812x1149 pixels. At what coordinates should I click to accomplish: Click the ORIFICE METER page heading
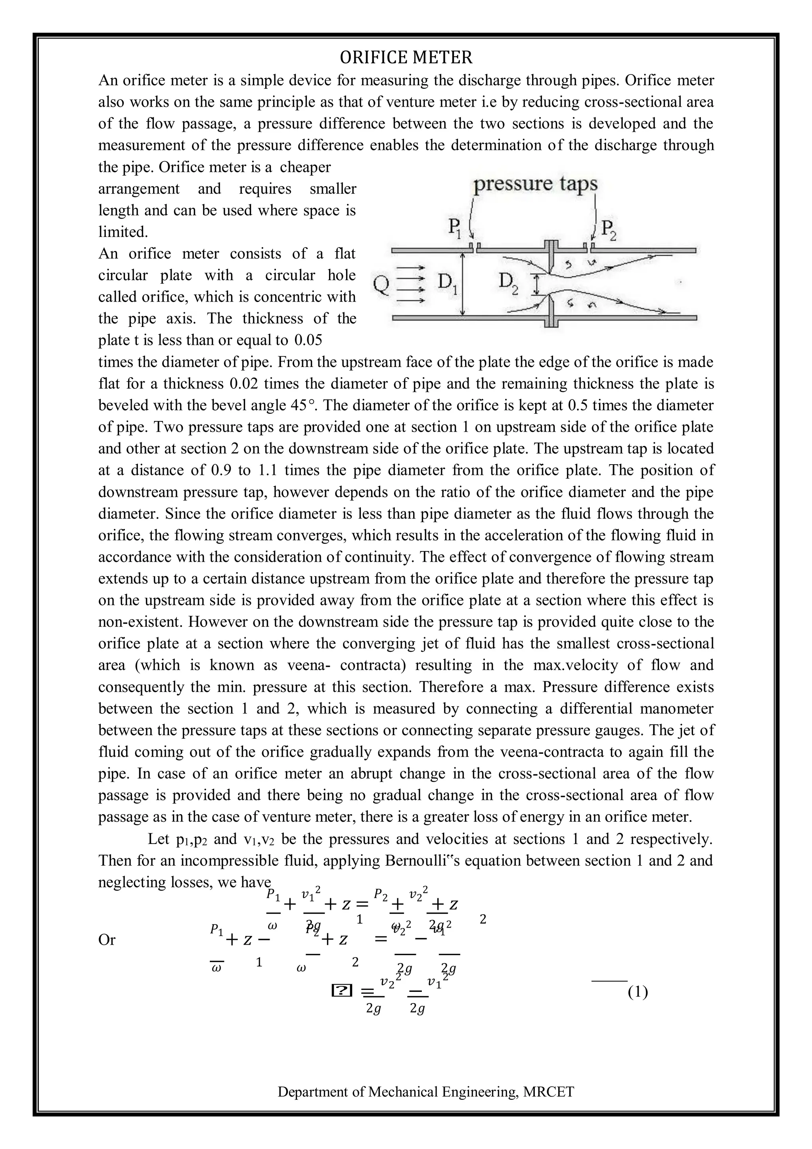click(x=406, y=58)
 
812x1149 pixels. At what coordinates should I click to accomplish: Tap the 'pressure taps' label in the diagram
click(x=535, y=184)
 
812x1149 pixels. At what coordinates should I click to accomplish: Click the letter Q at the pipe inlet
click(x=381, y=286)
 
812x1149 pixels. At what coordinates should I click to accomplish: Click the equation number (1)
click(x=638, y=992)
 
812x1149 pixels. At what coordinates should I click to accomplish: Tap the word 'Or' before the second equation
click(x=107, y=940)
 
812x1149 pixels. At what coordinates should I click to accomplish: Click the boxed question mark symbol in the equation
click(x=341, y=990)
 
